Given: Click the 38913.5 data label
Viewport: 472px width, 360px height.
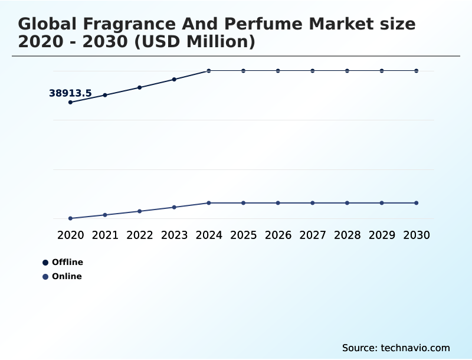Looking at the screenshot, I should click(x=70, y=93).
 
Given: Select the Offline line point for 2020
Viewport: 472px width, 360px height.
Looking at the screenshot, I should click(x=70, y=102).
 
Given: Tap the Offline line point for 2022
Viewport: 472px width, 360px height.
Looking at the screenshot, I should click(x=140, y=87).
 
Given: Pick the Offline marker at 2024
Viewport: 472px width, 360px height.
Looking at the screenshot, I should click(x=209, y=71).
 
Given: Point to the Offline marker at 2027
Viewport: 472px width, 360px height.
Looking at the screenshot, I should click(x=313, y=71).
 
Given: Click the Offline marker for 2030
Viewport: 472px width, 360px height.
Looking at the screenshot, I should click(x=416, y=71).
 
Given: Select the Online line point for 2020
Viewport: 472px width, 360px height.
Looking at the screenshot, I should click(x=70, y=218).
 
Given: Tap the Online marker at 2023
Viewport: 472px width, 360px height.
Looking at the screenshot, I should click(x=174, y=207).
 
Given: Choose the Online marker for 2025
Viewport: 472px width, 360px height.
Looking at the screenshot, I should click(x=243, y=203).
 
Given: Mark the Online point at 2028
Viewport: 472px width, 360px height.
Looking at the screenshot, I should click(x=347, y=203).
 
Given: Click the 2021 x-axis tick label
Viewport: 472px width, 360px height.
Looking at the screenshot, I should click(x=105, y=235).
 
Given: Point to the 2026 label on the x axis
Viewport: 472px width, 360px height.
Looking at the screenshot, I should click(x=278, y=235).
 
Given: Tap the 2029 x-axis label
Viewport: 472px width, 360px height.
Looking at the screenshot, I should click(x=382, y=235).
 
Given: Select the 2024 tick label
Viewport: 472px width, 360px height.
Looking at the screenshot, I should click(x=209, y=235).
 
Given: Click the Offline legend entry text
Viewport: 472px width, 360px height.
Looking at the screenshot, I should click(x=67, y=262).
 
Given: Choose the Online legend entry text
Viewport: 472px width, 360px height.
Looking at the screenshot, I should click(x=67, y=276).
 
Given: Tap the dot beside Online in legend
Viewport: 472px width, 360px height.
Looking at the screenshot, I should click(x=45, y=277).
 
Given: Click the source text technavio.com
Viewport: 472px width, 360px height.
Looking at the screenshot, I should click(x=415, y=348).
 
